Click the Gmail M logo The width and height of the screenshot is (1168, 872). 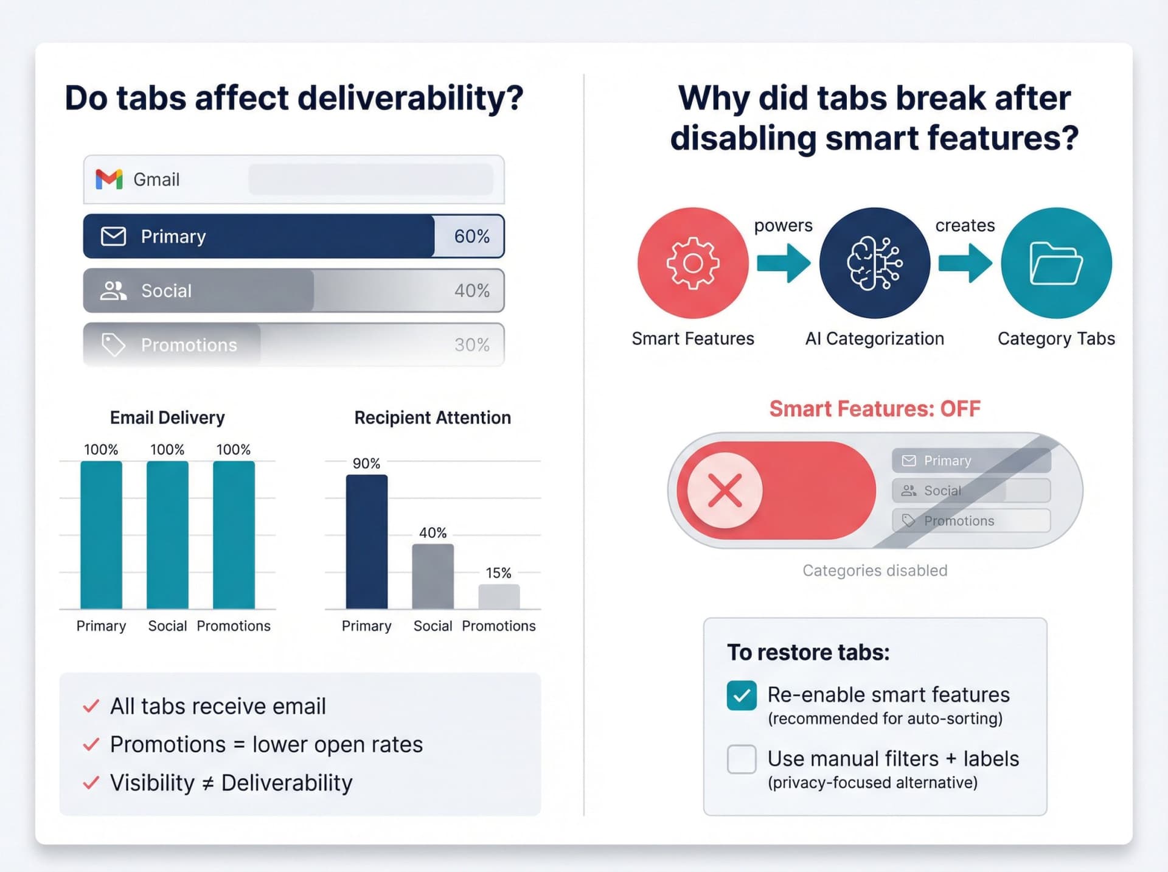[109, 180]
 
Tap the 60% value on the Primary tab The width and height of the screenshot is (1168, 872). [471, 236]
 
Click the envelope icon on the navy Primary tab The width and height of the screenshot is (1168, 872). [113, 236]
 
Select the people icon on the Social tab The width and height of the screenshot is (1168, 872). [113, 291]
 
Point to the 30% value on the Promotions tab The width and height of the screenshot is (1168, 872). [471, 345]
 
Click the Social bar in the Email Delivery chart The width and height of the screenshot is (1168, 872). [167, 535]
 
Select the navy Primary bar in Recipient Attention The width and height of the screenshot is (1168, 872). [367, 542]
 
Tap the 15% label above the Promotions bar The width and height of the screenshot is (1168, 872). [498, 573]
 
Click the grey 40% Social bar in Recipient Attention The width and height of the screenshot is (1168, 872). [433, 576]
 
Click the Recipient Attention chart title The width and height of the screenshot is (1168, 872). [433, 417]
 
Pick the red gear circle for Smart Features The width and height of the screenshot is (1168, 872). [693, 263]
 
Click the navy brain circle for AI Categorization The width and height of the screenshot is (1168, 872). [874, 263]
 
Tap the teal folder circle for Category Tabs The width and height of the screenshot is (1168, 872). [1056, 263]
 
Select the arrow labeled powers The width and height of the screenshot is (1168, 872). [784, 263]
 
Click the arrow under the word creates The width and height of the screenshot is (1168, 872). [965, 263]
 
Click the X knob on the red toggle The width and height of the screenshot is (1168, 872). [725, 490]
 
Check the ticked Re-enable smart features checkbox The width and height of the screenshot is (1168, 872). [742, 696]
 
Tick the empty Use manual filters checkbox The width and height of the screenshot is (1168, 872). [742, 759]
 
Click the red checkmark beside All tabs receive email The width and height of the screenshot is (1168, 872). [91, 706]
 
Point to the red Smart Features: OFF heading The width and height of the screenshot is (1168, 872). [874, 409]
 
